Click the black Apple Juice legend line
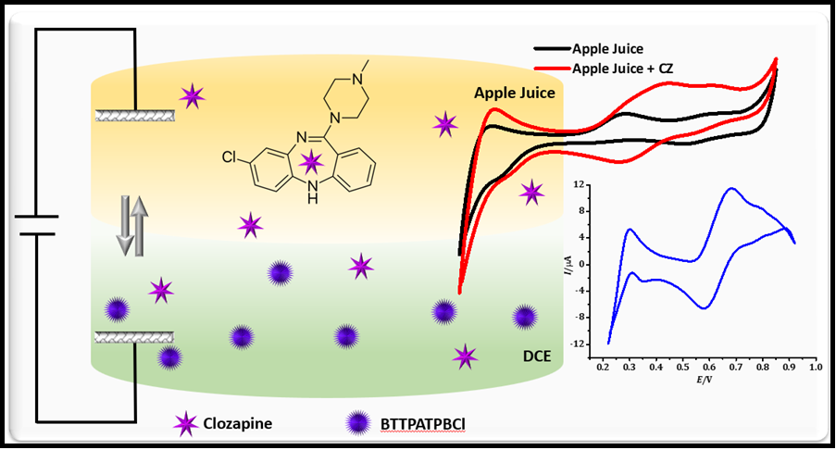(552, 47)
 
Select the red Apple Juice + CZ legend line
(552, 68)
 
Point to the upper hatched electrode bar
(135, 115)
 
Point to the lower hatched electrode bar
(135, 338)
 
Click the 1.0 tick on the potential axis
(815, 367)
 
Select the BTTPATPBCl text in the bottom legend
(422, 426)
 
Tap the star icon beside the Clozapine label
(187, 425)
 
